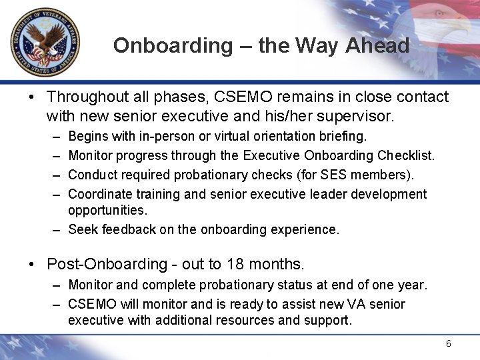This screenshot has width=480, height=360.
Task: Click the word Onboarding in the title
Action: click(172, 45)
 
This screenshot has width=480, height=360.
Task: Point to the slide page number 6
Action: click(449, 343)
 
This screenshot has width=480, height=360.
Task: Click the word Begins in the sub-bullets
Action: click(87, 136)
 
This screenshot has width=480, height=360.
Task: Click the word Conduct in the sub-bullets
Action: click(91, 175)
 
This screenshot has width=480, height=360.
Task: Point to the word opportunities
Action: click(107, 210)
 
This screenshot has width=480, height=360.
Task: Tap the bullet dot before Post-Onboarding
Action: click(32, 264)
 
